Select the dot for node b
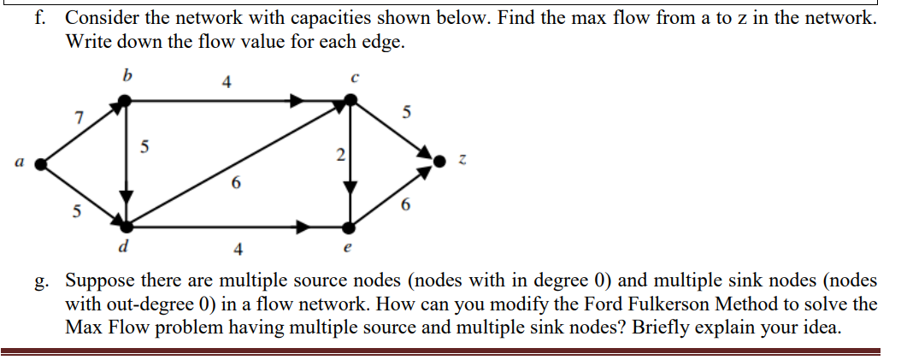[x=126, y=101]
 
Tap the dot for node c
[x=349, y=102]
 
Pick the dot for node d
[x=127, y=227]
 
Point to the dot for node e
[x=348, y=227]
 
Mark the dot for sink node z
[x=440, y=160]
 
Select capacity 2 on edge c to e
[x=340, y=156]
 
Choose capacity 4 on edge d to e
[x=238, y=250]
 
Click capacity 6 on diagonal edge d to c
[x=236, y=182]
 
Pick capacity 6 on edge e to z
[x=405, y=205]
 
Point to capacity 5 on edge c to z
[x=406, y=111]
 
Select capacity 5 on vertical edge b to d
[x=144, y=147]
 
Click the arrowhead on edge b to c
[x=295, y=101]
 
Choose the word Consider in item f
[x=102, y=18]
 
